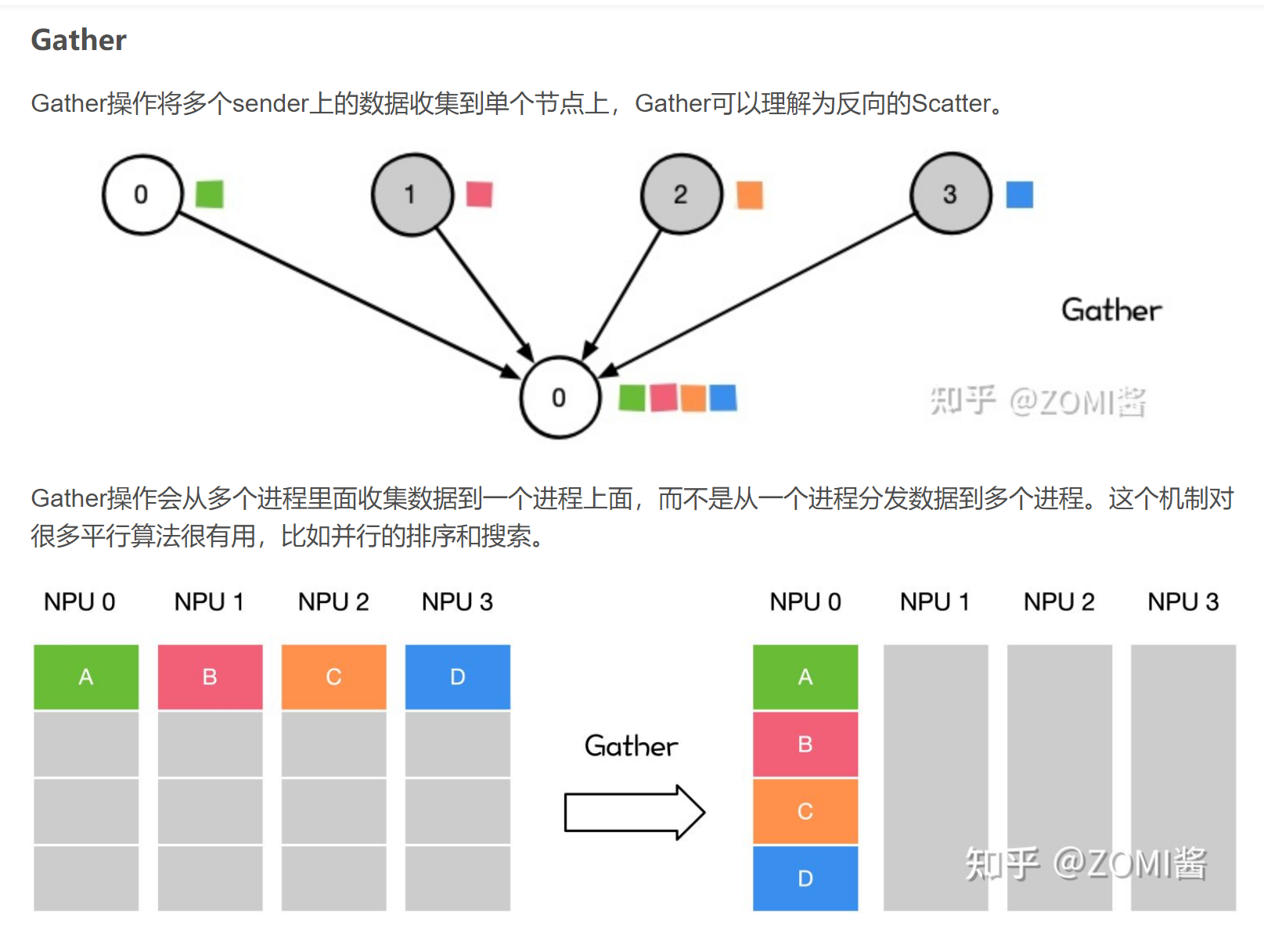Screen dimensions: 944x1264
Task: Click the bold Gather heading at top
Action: (x=78, y=40)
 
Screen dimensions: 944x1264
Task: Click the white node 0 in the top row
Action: (x=142, y=195)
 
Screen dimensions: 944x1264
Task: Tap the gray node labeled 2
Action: (x=681, y=194)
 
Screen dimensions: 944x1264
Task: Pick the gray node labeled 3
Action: (x=950, y=193)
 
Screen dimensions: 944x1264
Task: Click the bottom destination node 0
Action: (x=560, y=397)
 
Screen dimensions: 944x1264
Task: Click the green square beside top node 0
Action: (x=209, y=194)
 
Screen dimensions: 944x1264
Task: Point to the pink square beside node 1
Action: (x=479, y=194)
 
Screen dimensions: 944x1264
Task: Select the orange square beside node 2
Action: (x=749, y=195)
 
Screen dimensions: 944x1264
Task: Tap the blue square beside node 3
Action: (x=1019, y=195)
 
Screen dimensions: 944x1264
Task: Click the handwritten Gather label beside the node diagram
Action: (x=1111, y=310)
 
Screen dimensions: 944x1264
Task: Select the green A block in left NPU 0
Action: (x=86, y=677)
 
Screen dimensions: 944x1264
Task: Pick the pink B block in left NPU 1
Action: (x=210, y=677)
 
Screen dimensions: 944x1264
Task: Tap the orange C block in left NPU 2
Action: (x=333, y=677)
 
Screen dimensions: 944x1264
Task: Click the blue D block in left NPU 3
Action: (x=457, y=677)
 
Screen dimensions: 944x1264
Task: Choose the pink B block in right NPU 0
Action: (x=805, y=744)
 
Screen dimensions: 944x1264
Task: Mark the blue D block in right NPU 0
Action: (x=805, y=878)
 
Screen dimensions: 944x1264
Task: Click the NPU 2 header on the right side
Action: (x=1058, y=601)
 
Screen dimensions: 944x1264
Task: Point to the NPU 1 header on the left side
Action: (x=209, y=601)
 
